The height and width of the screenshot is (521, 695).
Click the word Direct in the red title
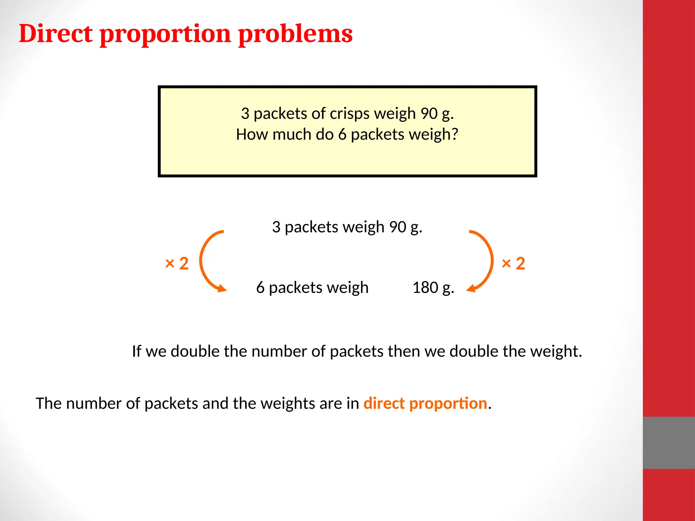(x=56, y=34)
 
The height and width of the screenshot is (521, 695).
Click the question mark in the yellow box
(x=454, y=134)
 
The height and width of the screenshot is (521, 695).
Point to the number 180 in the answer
(x=425, y=288)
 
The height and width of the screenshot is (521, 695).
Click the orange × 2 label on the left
(x=176, y=263)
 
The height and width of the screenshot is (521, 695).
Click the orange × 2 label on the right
(x=513, y=263)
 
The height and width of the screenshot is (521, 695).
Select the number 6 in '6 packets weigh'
(x=260, y=288)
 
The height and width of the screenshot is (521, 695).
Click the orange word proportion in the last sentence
(x=448, y=404)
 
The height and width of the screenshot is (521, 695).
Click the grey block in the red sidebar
(x=669, y=443)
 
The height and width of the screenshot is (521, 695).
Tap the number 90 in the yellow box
(x=429, y=114)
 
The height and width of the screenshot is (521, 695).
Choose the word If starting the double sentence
(x=136, y=351)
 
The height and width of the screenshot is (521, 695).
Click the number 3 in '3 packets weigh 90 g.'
(x=276, y=227)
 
